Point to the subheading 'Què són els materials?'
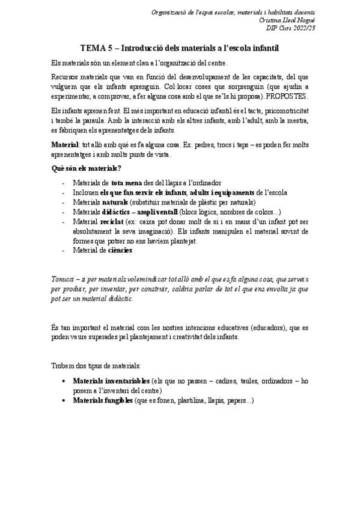[x=87, y=168]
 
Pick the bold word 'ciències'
[x=120, y=250]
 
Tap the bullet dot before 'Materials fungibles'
[x=64, y=400]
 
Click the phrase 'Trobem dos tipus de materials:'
[x=96, y=366]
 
